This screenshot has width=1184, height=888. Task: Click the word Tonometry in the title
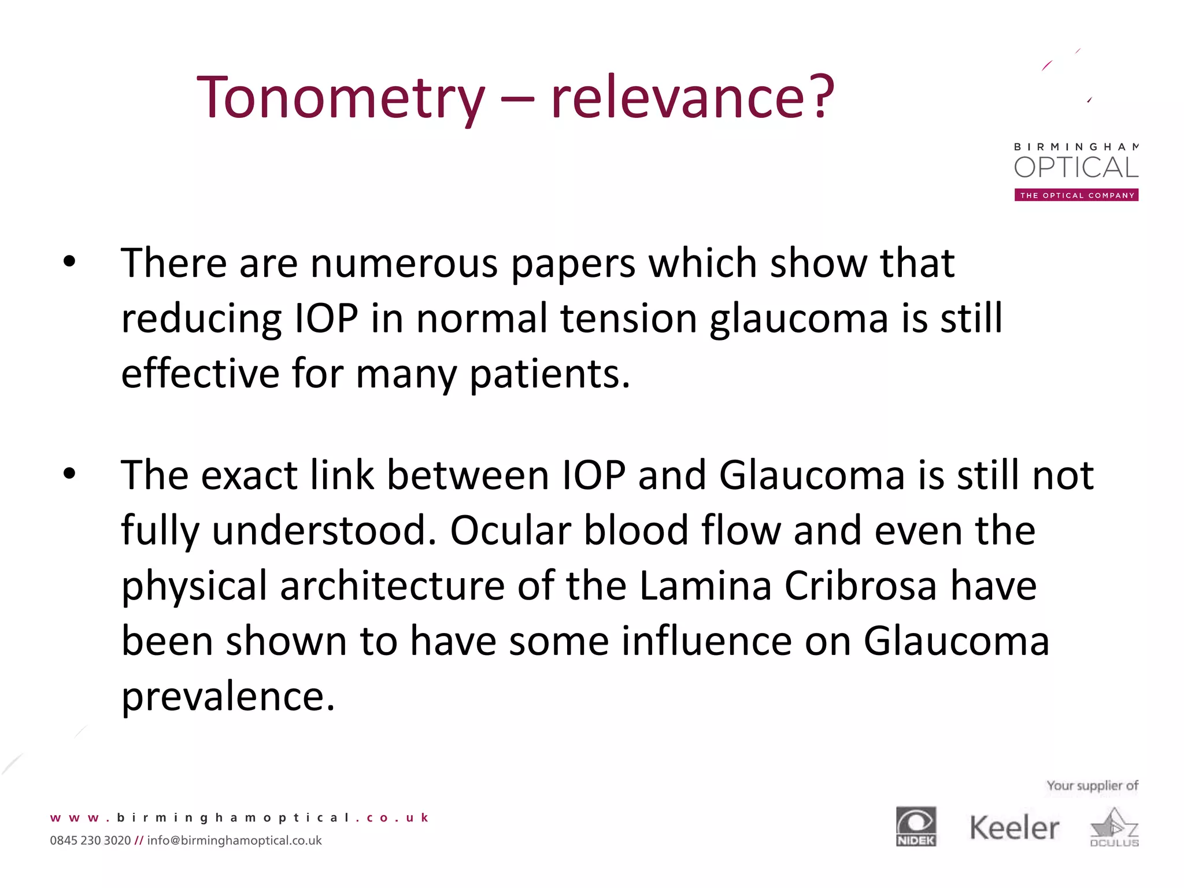point(341,98)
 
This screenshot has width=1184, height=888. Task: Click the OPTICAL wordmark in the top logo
point(1076,168)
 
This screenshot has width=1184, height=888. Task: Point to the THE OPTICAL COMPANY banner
point(1076,195)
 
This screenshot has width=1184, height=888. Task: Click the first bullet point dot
point(69,261)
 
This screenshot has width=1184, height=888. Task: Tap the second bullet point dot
point(69,473)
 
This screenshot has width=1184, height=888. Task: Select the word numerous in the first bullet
point(404,264)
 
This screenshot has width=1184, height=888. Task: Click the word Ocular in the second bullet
point(510,531)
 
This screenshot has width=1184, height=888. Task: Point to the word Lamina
point(705,586)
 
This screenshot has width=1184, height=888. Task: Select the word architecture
point(393,586)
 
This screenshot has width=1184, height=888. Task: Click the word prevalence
point(228,697)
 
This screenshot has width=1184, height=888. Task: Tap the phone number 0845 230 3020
point(90,841)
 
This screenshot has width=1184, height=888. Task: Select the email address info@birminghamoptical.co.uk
point(234,841)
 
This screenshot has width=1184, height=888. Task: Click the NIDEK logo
point(916,827)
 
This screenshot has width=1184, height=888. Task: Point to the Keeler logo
point(1014,828)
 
